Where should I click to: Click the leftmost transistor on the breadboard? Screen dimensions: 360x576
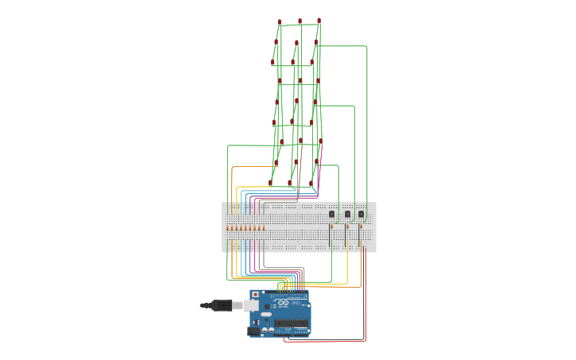[x=331, y=214]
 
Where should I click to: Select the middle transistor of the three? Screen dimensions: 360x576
[x=347, y=214]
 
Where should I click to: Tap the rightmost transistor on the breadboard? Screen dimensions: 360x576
[x=361, y=214]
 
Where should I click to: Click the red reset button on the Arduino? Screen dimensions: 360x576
[x=255, y=295]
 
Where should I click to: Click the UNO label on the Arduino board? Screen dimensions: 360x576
[x=296, y=304]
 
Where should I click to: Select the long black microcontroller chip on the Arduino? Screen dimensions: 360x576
[x=292, y=323]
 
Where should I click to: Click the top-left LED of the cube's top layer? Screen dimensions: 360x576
[x=280, y=22]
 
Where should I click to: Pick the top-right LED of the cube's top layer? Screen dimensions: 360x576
[x=319, y=21]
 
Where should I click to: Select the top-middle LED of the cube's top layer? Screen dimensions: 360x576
[x=300, y=21]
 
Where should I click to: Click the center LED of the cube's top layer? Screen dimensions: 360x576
[x=296, y=43]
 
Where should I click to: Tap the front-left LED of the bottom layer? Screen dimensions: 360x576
[x=270, y=183]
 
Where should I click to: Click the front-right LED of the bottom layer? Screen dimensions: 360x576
[x=311, y=183]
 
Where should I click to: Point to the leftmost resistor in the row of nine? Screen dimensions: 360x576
[x=227, y=228]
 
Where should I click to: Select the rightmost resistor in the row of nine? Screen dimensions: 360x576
[x=264, y=228]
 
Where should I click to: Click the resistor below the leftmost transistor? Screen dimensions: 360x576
[x=331, y=226]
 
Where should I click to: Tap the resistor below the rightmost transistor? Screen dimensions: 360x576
[x=361, y=226]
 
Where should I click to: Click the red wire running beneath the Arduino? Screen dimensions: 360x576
[x=318, y=342]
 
